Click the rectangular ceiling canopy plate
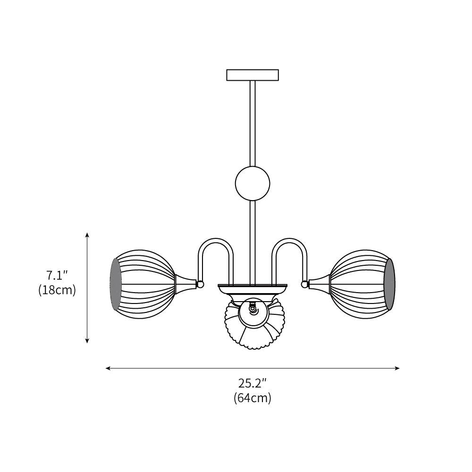pos(253,75)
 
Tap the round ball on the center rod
pos(253,184)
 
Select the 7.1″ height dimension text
pos(57,275)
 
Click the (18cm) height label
pos(57,290)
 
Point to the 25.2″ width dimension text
pos(253,383)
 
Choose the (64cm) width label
pos(253,398)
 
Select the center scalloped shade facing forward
pos(255,326)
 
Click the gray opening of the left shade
pos(116,284)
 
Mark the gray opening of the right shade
pos(389,284)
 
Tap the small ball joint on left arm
pos(200,284)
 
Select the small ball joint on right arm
pos(304,284)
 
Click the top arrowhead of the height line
pos(87,235)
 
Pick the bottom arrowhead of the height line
pos(87,341)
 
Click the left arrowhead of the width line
pos(108,368)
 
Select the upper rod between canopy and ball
pos(253,123)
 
